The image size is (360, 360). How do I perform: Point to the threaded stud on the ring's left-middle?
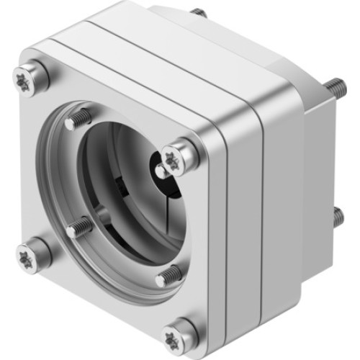tap(79, 230)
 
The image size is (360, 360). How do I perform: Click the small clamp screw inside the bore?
tap(162, 171)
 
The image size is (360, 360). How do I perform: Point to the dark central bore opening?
tap(122, 187)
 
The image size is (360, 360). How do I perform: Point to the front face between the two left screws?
tap(32, 166)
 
